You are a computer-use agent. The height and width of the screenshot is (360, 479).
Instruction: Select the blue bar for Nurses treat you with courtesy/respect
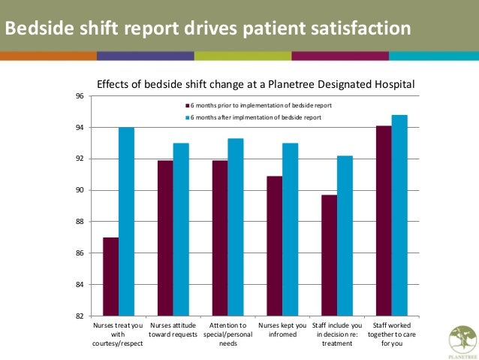[126, 222]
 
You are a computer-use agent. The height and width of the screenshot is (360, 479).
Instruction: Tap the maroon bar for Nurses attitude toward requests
[165, 238]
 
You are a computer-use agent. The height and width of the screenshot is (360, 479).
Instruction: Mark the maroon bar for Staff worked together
[384, 221]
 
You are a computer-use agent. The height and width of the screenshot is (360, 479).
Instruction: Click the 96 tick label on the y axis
[79, 96]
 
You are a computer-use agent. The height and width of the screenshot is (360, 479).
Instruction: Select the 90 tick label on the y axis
[79, 191]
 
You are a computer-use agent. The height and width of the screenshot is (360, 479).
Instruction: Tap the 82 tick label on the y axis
[79, 316]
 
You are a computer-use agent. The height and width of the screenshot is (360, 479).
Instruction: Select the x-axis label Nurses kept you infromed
[282, 330]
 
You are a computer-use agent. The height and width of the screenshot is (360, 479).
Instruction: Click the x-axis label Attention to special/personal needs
[227, 334]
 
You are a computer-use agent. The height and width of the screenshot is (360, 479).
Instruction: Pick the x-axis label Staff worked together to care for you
[391, 334]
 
